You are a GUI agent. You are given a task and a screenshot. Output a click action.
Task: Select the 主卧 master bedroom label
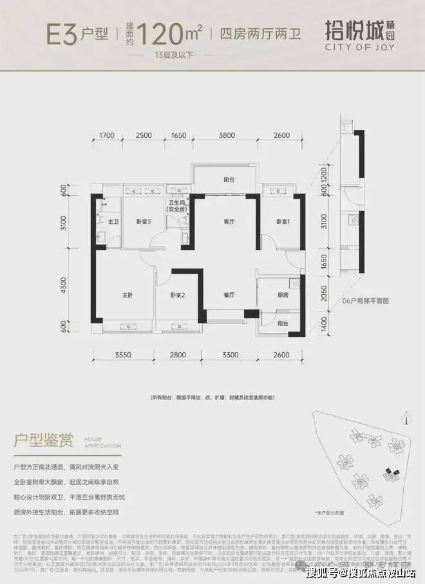point(127,295)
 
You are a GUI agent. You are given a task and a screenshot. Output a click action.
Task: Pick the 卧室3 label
point(143,221)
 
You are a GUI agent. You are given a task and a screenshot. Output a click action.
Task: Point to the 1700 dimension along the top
point(107,136)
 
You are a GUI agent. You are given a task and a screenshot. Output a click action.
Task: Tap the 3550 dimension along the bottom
point(124,355)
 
